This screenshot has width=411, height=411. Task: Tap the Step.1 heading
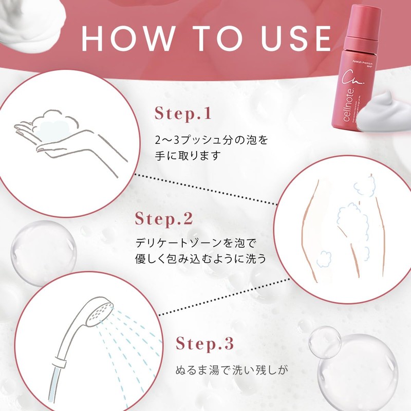183,114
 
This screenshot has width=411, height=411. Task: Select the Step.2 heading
164,218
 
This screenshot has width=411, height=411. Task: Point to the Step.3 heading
206,343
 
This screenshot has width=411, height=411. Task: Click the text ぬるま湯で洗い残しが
229,370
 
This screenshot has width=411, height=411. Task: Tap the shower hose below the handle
54,385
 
